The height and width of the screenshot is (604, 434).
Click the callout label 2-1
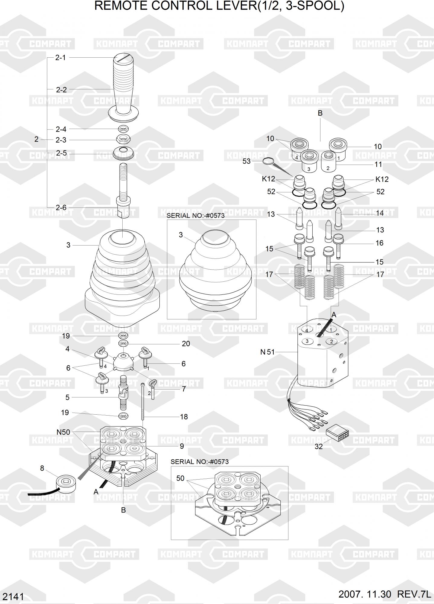[60, 57]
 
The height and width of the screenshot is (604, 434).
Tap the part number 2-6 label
[61, 207]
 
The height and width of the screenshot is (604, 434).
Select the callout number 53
[246, 161]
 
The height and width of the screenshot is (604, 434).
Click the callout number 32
[319, 446]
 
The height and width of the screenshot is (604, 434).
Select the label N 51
[268, 352]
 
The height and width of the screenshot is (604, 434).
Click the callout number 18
[184, 417]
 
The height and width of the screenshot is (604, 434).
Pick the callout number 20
[186, 344]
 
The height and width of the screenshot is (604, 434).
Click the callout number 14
[380, 213]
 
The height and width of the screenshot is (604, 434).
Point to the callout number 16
[379, 243]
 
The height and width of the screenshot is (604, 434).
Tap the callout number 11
[378, 165]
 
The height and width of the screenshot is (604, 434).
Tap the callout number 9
[182, 446]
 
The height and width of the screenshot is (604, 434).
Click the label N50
[63, 432]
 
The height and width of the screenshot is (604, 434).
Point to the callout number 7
[184, 389]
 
